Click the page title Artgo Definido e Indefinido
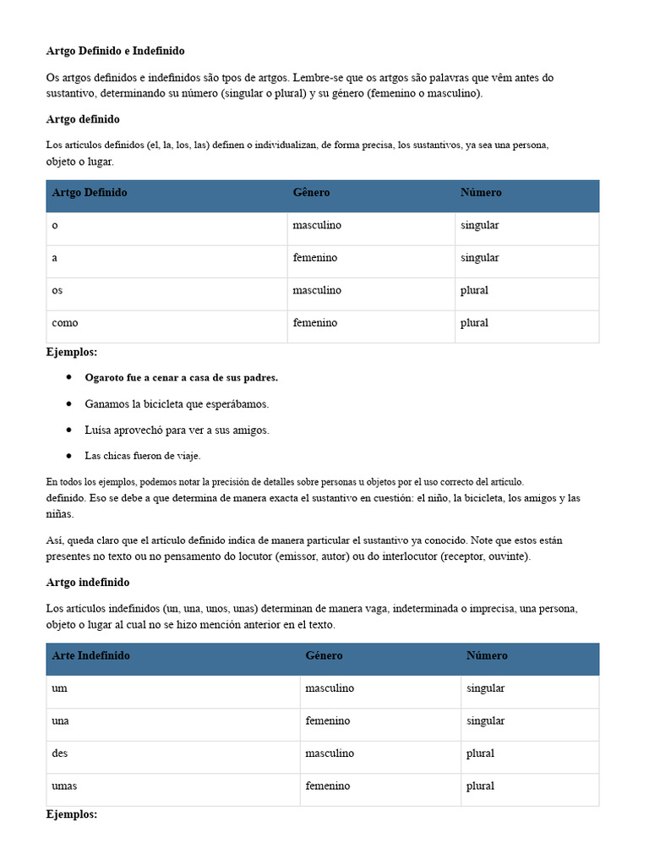click(115, 52)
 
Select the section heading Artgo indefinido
click(88, 583)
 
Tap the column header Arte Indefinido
click(91, 655)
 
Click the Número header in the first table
click(481, 193)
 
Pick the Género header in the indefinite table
click(324, 655)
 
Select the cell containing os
click(57, 290)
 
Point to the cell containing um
click(59, 688)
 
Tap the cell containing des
click(60, 754)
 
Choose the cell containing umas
click(64, 786)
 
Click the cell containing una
click(60, 721)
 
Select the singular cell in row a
click(479, 258)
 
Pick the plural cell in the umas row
click(480, 786)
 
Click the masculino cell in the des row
click(329, 754)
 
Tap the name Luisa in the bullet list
click(99, 430)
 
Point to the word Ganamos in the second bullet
click(106, 403)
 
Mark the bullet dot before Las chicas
click(68, 456)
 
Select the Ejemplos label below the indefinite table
click(72, 814)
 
